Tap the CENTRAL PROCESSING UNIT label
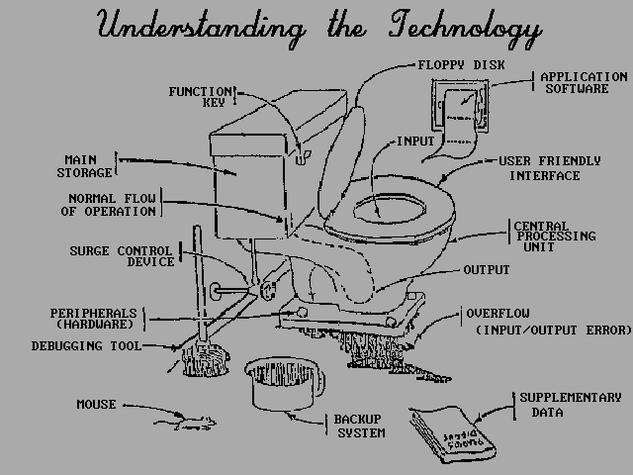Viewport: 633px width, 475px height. pyautogui.click(x=555, y=237)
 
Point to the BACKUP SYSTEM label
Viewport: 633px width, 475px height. pyautogui.click(x=360, y=426)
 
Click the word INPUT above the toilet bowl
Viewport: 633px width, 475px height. pyautogui.click(x=414, y=141)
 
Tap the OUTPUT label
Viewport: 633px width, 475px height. pyautogui.click(x=486, y=270)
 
